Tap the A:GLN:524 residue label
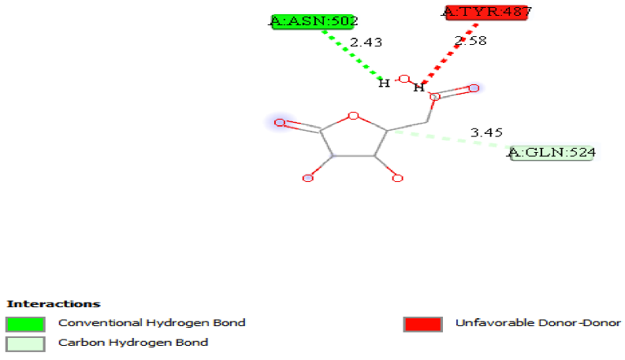[x=552, y=152]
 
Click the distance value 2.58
[x=471, y=40]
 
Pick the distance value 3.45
[x=486, y=133]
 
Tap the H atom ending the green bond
[x=384, y=83]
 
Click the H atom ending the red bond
[x=419, y=87]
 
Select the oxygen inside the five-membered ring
[x=353, y=117]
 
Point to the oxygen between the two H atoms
[x=404, y=79]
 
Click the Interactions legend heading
[x=53, y=303]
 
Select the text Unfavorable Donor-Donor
[x=538, y=323]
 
